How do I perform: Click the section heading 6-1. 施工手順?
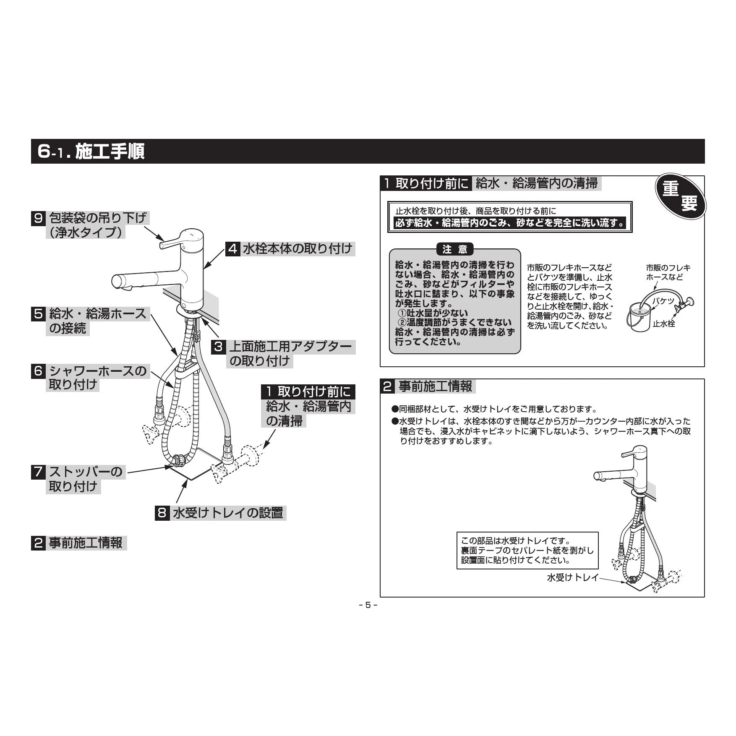pyautogui.click(x=91, y=151)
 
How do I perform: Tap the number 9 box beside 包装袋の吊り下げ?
pyautogui.click(x=38, y=218)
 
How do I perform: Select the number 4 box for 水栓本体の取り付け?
pyautogui.click(x=232, y=249)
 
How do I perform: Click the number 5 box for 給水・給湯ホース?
pyautogui.click(x=38, y=314)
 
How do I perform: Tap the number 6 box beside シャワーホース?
pyautogui.click(x=38, y=371)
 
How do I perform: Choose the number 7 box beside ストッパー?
pyautogui.click(x=38, y=472)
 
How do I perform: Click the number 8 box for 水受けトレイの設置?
pyautogui.click(x=162, y=513)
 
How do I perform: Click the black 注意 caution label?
pyautogui.click(x=455, y=250)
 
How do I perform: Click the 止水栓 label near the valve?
pyautogui.click(x=664, y=324)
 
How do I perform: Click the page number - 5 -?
pyautogui.click(x=368, y=605)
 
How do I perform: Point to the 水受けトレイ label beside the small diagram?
pyautogui.click(x=572, y=578)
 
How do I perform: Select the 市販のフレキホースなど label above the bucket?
pyautogui.click(x=668, y=272)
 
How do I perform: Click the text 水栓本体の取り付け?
pyautogui.click(x=297, y=249)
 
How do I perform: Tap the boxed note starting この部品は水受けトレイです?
pyautogui.click(x=527, y=551)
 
